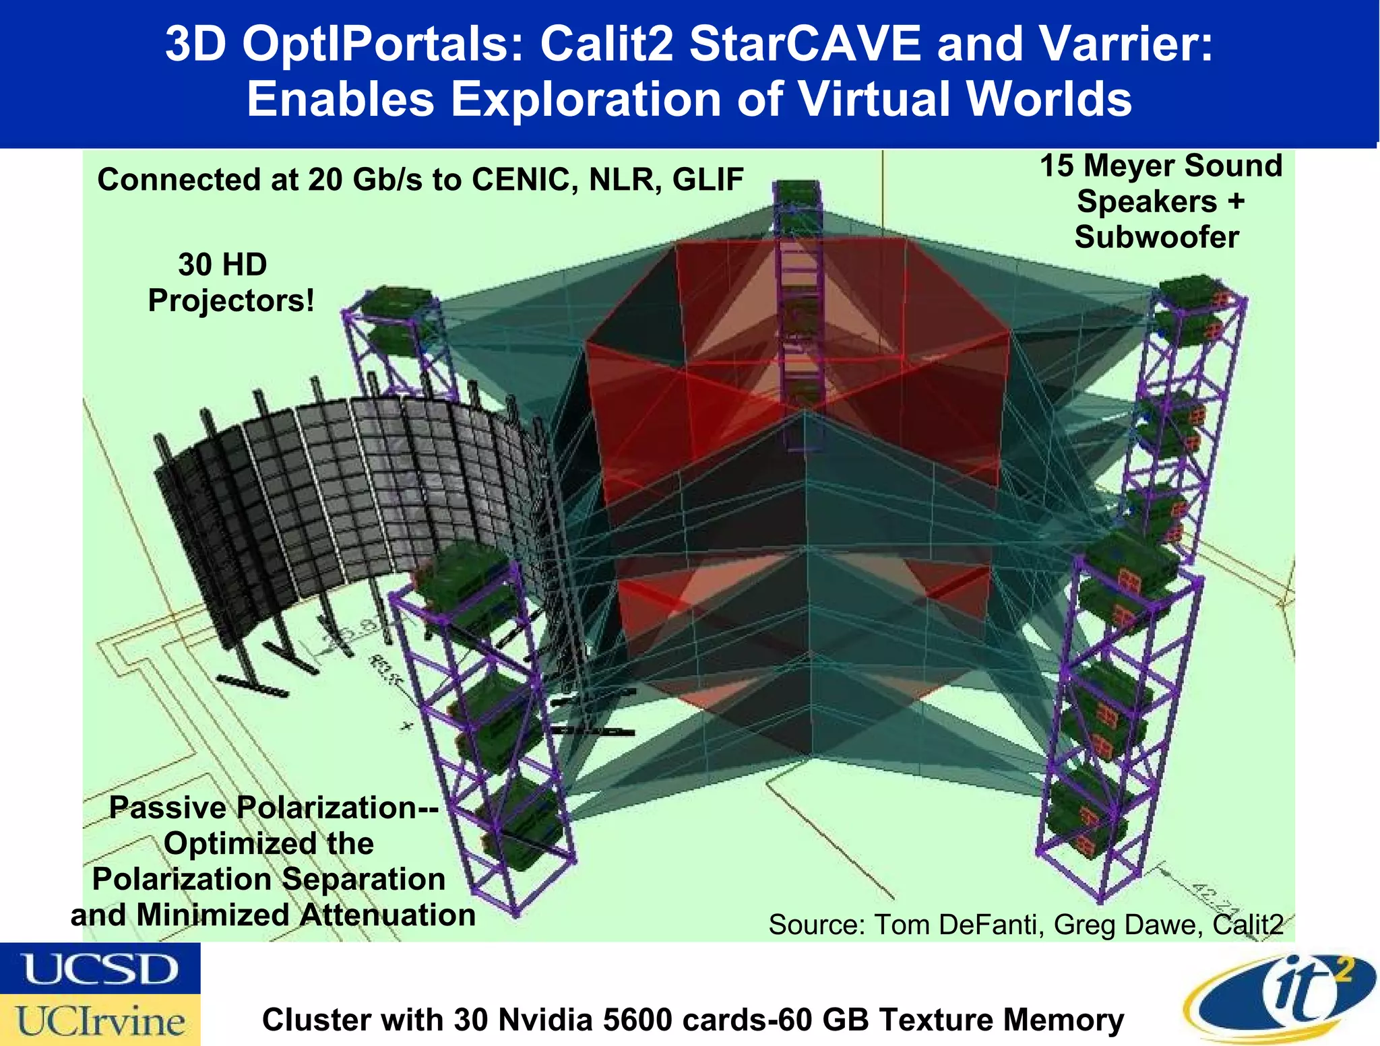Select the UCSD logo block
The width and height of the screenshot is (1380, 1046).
[100, 968]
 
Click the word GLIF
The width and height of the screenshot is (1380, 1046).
[708, 180]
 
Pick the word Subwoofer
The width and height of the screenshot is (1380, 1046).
[1156, 237]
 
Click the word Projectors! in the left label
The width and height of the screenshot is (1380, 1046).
[231, 300]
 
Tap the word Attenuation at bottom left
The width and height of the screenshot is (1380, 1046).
[387, 915]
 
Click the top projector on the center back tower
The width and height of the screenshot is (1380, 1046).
[796, 192]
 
